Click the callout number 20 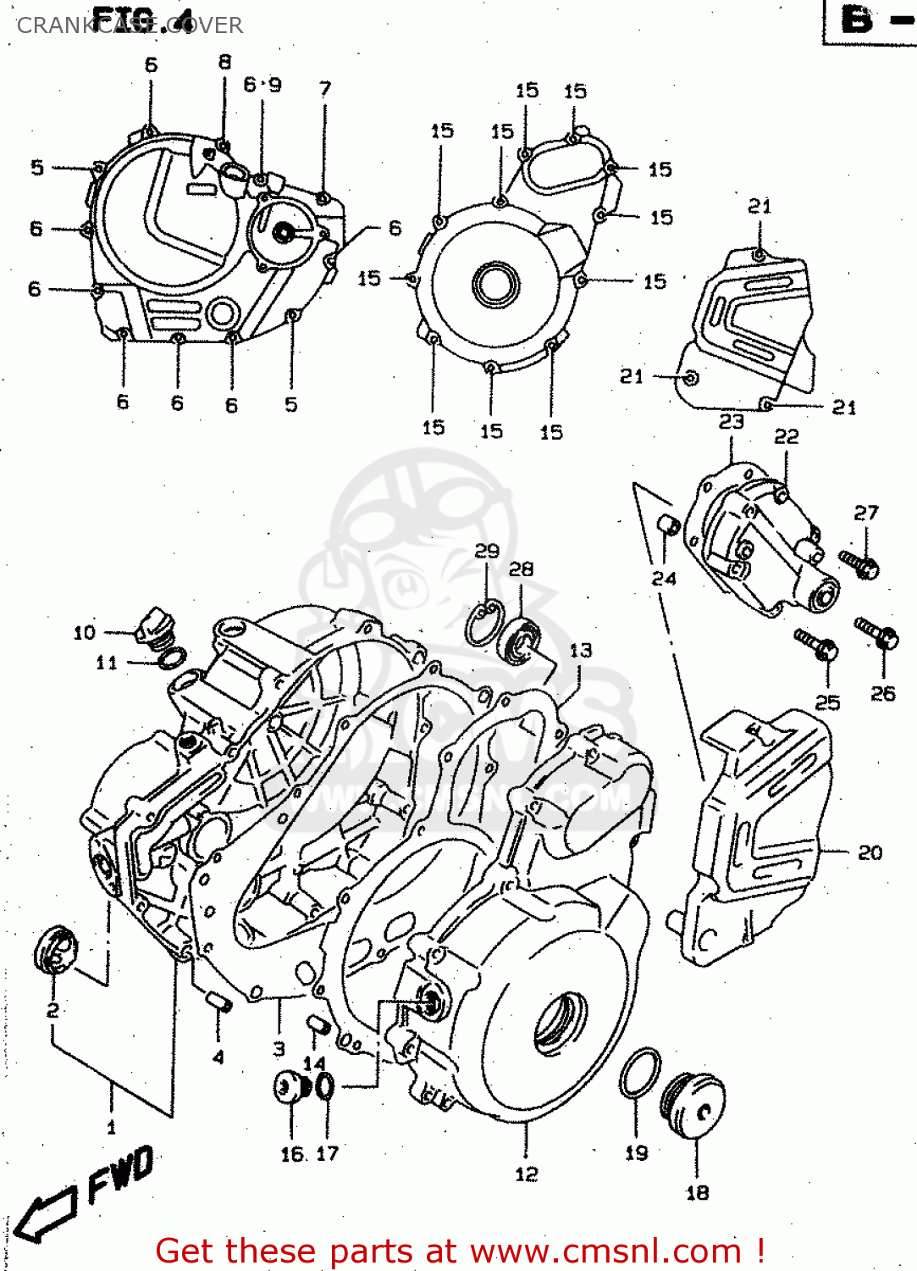(x=870, y=852)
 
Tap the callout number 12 (x=526, y=1174)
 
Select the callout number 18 (x=697, y=1192)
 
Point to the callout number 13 (x=581, y=650)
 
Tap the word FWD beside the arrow (x=121, y=1174)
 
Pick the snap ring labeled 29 (x=484, y=623)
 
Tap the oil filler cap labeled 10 (x=155, y=629)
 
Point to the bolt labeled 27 (x=859, y=564)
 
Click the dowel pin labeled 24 (x=668, y=525)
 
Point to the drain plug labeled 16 (x=289, y=1087)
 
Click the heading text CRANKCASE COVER (x=130, y=25)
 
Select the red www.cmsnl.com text (x=605, y=1251)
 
